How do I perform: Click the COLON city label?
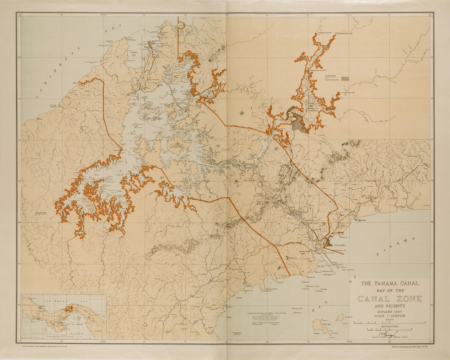tap(142, 44)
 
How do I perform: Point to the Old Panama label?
tap(360, 220)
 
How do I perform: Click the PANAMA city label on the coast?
tap(340, 245)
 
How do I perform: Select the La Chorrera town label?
tap(218, 281)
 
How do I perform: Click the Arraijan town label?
tap(276, 245)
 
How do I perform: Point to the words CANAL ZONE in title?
tap(390, 299)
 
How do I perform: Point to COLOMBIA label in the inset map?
tap(98, 330)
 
